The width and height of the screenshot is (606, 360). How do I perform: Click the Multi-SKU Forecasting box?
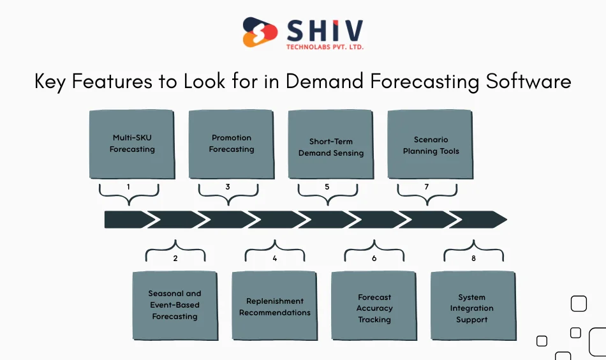point(132,144)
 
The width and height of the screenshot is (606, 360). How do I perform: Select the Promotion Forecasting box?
point(232,144)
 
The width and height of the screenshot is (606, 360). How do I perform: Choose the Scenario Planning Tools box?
point(431,144)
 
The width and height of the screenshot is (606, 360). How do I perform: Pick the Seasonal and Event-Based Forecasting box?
point(174,305)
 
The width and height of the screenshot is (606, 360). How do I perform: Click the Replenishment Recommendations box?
point(274,306)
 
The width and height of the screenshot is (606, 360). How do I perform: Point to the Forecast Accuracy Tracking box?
point(374,306)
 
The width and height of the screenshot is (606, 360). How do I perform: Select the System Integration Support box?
point(472,306)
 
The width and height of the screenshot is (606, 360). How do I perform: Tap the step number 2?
point(175,259)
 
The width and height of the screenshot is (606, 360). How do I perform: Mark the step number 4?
point(275,259)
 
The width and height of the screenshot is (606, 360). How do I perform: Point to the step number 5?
point(327,187)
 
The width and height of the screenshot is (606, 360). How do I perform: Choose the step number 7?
point(427,187)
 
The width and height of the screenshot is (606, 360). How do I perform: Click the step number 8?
point(474,259)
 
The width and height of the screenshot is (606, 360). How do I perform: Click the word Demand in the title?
point(320,82)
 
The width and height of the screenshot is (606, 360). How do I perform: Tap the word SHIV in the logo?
point(325,29)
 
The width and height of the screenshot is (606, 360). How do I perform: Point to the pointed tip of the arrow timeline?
point(505,220)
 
